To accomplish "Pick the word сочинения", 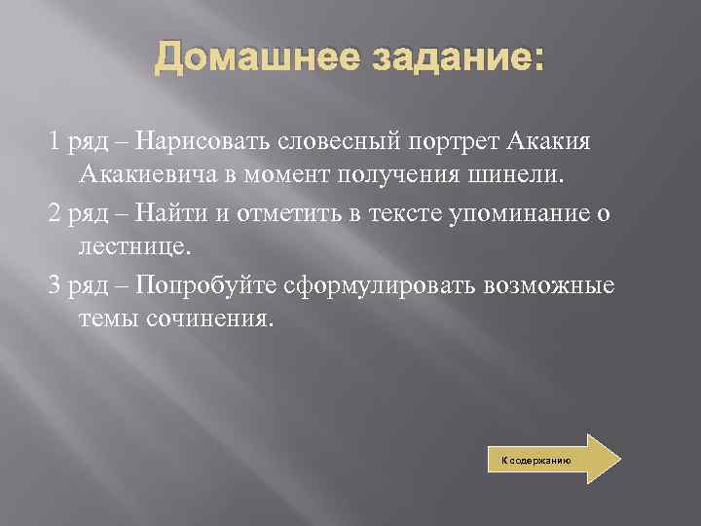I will pos(205,319).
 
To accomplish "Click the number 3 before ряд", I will pos(55,284).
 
